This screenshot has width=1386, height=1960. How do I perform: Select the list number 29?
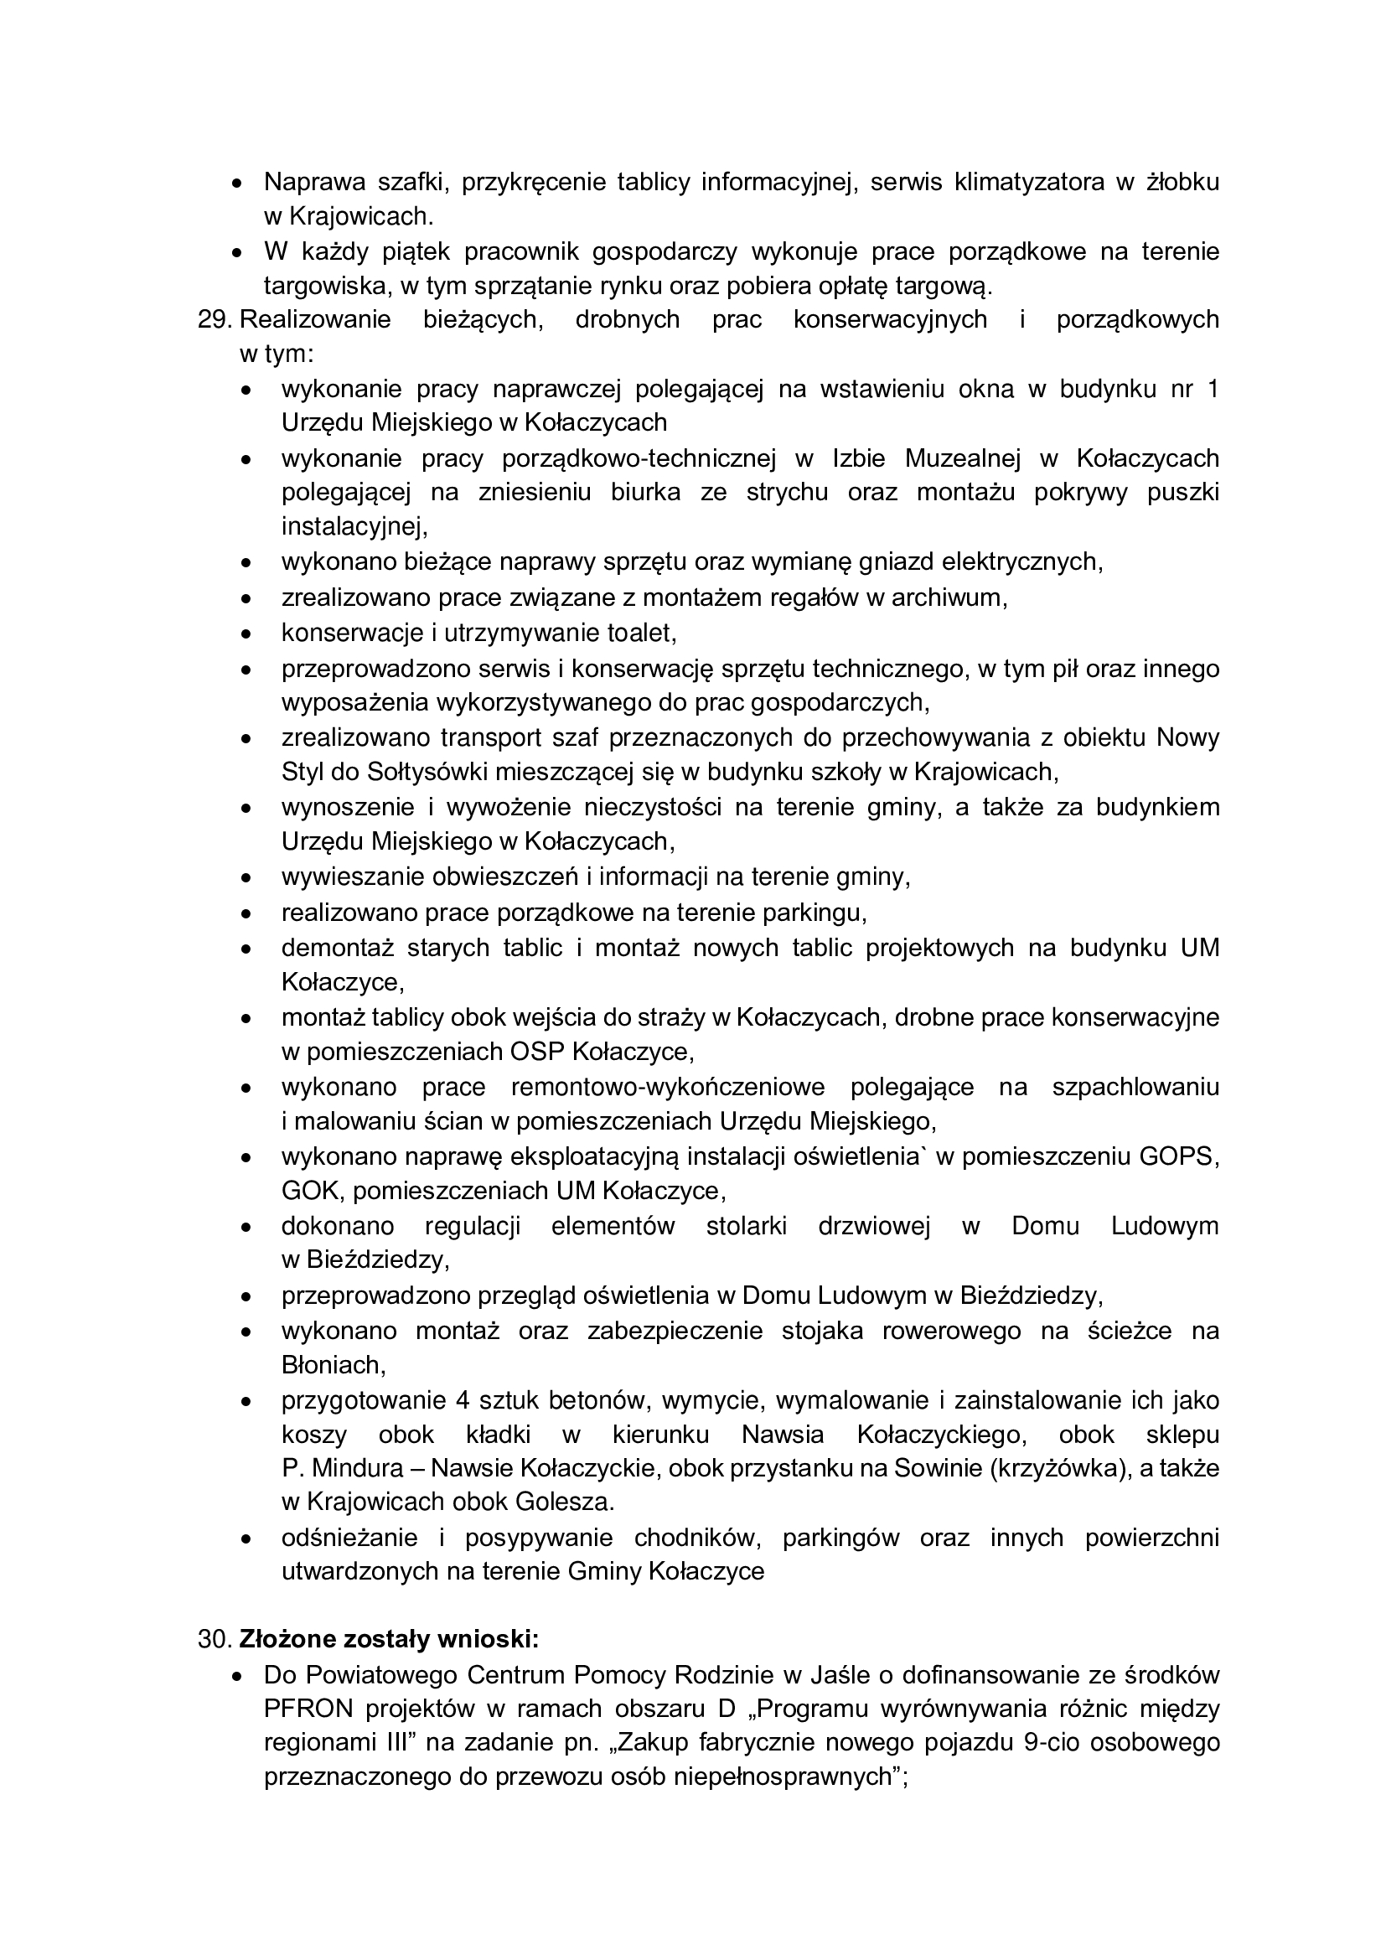click(x=215, y=320)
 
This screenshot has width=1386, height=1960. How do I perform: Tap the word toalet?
click(x=640, y=634)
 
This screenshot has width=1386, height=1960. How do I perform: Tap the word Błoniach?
click(x=333, y=1366)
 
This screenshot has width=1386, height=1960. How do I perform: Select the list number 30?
click(x=215, y=1640)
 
